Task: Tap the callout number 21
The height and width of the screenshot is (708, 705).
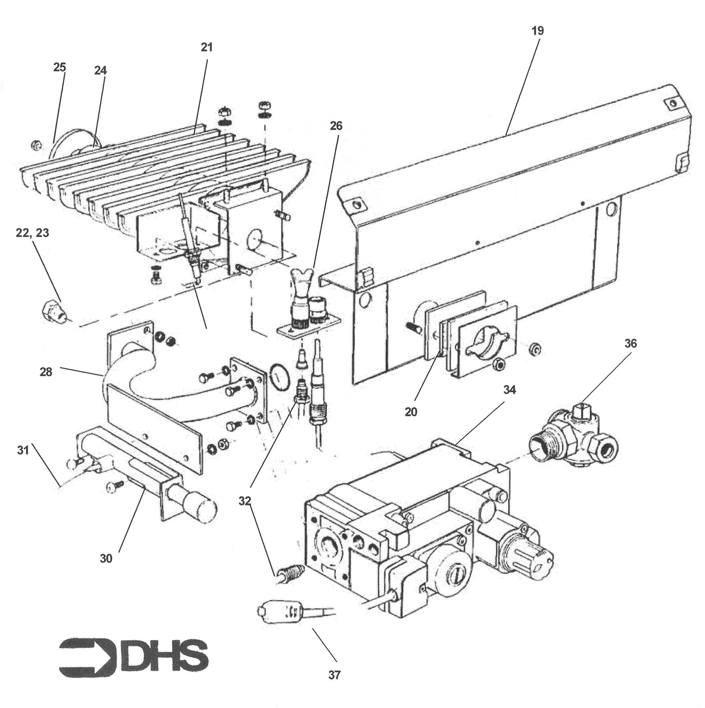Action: [x=207, y=47]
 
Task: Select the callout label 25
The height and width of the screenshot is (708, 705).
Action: [x=59, y=67]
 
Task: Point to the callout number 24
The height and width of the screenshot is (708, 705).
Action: [x=100, y=70]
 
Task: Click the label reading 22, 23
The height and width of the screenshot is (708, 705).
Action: [x=32, y=233]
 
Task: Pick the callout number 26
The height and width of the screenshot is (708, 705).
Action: [x=336, y=126]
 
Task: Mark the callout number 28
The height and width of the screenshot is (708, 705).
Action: [x=46, y=372]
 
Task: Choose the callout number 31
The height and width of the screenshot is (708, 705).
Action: [x=23, y=450]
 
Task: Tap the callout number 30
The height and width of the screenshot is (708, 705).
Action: [x=106, y=559]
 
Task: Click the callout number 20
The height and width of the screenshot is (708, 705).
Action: [x=411, y=412]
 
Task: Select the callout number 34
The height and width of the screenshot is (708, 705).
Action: [x=509, y=390]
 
